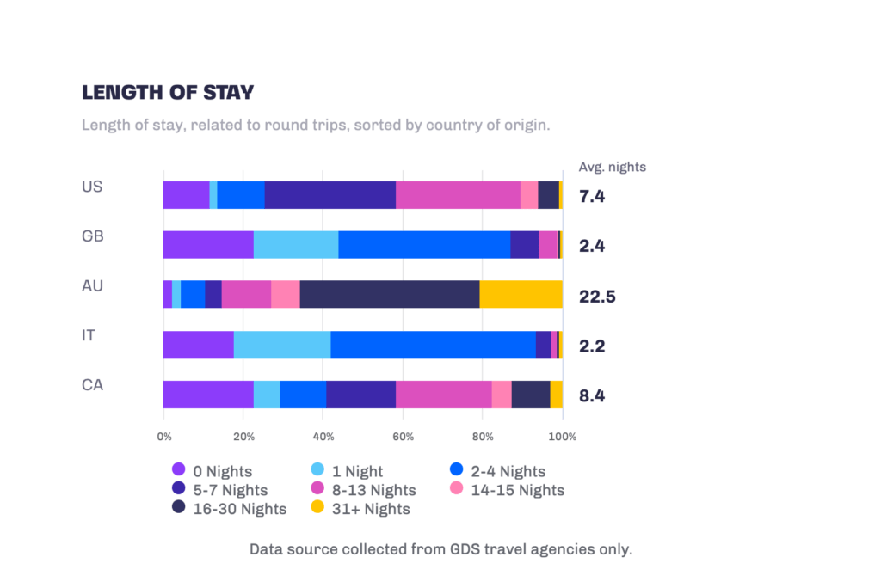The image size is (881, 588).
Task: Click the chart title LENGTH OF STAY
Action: pyautogui.click(x=168, y=92)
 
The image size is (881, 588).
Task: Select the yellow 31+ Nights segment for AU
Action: pyautogui.click(x=521, y=294)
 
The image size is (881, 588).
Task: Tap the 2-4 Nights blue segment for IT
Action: pyautogui.click(x=433, y=344)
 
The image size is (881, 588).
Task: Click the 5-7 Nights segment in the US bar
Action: pyautogui.click(x=330, y=195)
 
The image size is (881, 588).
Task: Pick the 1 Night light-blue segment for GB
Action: pyautogui.click(x=296, y=245)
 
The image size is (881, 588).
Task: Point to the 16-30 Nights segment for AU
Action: pyautogui.click(x=389, y=294)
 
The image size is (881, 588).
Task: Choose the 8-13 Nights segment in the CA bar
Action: pyautogui.click(x=443, y=394)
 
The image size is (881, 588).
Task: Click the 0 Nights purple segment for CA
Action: pyautogui.click(x=208, y=394)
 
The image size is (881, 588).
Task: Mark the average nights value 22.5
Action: pyautogui.click(x=597, y=297)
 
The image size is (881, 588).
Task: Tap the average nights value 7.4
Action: pyautogui.click(x=592, y=197)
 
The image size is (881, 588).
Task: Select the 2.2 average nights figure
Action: pyautogui.click(x=592, y=346)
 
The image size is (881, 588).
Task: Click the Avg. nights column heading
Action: pyautogui.click(x=613, y=167)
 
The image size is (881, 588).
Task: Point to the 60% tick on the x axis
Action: pyautogui.click(x=403, y=437)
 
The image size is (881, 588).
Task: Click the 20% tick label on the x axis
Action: pyautogui.click(x=243, y=437)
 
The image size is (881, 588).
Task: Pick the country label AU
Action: pyautogui.click(x=92, y=285)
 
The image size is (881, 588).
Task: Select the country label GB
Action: pyautogui.click(x=92, y=236)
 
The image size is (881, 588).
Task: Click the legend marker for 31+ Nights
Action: pyautogui.click(x=317, y=508)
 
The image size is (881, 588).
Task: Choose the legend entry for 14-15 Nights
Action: pyautogui.click(x=508, y=490)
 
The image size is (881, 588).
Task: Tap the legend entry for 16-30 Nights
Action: pyautogui.click(x=229, y=509)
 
